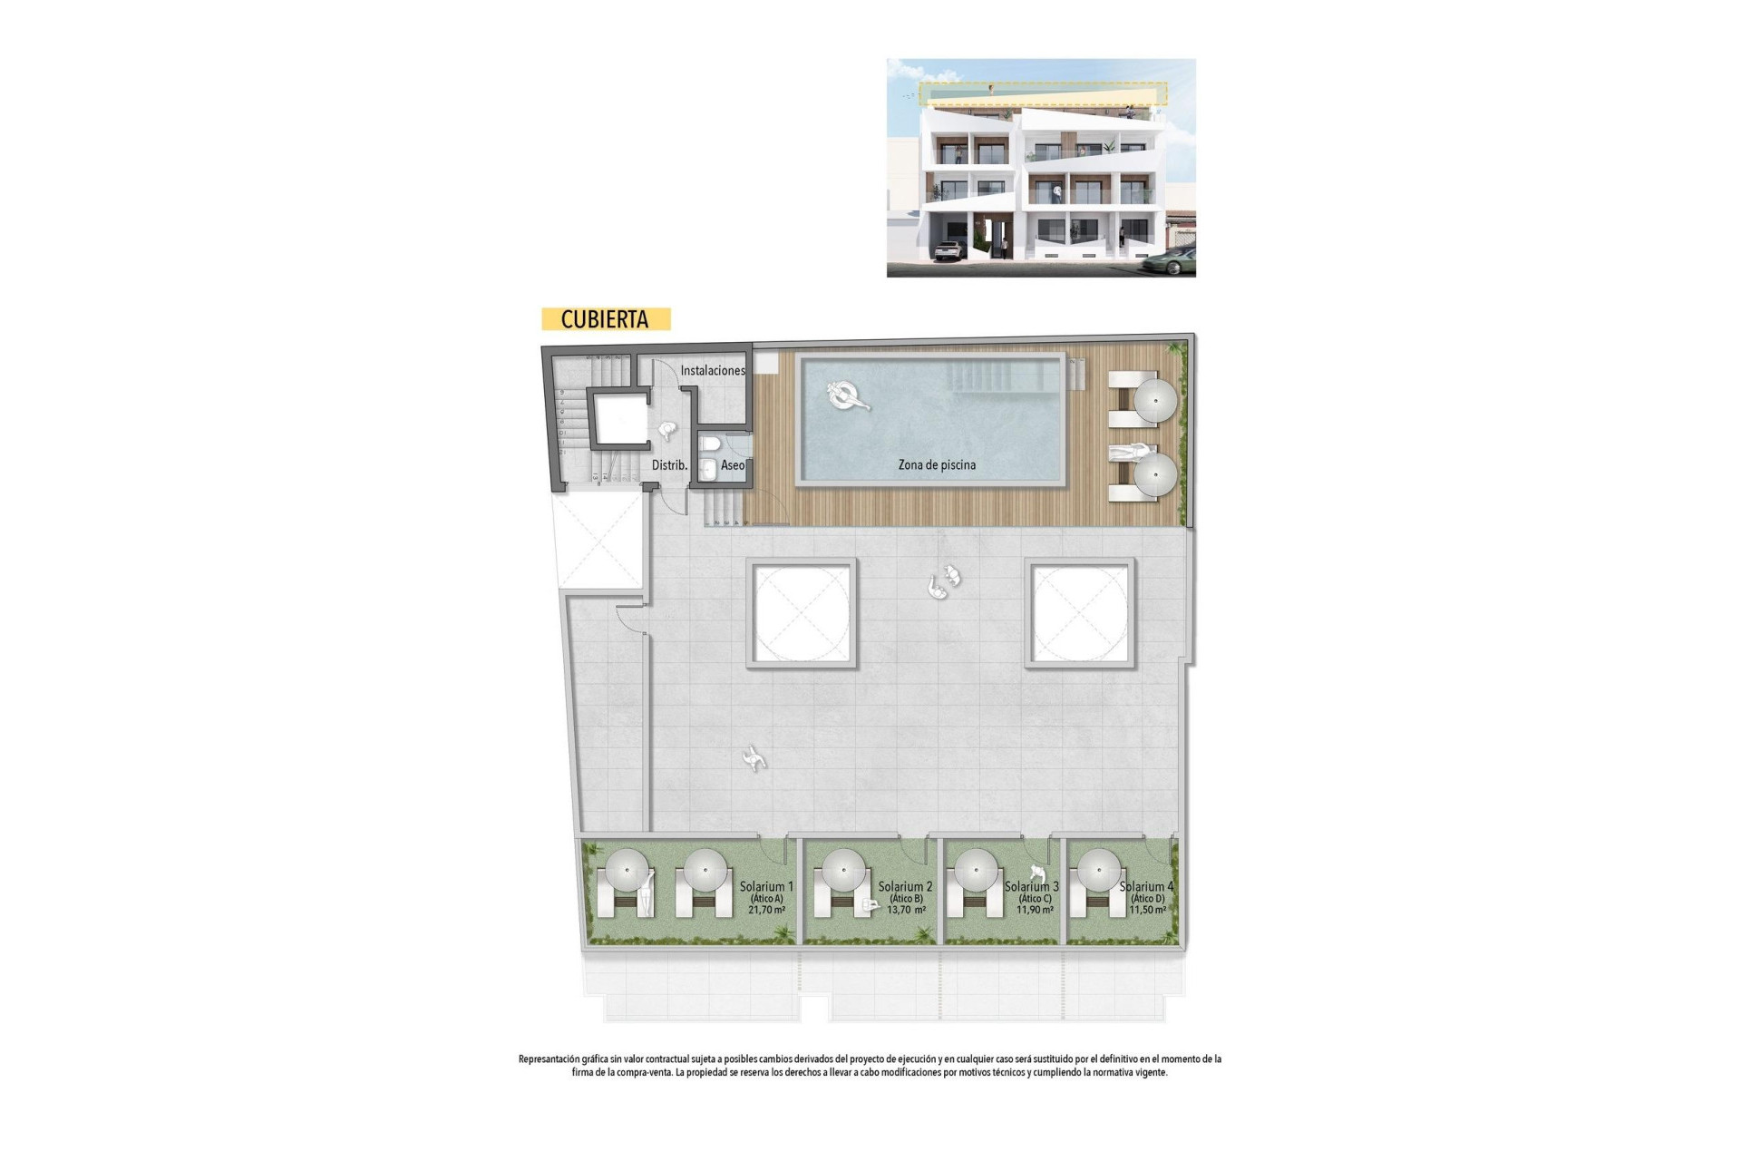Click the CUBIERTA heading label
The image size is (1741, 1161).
point(605,319)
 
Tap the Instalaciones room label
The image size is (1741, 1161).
point(713,370)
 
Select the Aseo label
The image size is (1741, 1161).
point(733,465)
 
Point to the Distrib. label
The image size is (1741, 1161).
point(669,465)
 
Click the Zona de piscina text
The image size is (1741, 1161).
point(937,464)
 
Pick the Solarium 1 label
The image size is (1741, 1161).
point(766,886)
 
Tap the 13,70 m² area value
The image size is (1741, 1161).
point(906,910)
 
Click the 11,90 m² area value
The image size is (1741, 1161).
point(1035,910)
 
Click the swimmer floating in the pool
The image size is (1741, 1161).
point(847,395)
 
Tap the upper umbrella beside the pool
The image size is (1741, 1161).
point(1155,400)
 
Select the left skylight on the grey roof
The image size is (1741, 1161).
point(802,613)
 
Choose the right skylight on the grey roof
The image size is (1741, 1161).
point(1079,613)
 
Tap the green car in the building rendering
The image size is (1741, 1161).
point(1169,263)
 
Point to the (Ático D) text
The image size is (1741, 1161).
point(1146,899)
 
